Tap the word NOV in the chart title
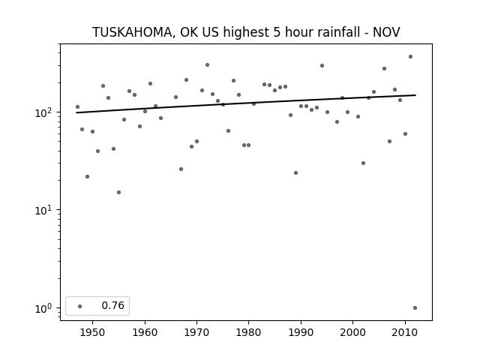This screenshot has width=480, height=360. [x=386, y=32]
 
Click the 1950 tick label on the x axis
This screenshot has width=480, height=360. [x=92, y=332]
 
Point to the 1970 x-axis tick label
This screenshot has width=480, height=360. [x=196, y=332]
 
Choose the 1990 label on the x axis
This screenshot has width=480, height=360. [x=301, y=332]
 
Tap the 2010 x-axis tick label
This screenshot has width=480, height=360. [x=405, y=332]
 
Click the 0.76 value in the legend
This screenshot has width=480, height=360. [x=112, y=305]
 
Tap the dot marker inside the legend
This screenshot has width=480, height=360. [x=80, y=306]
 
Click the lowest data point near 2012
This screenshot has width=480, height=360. [x=415, y=308]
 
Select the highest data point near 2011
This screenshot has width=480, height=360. [x=410, y=57]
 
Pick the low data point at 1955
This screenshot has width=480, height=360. [x=118, y=192]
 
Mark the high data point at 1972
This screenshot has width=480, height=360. [x=207, y=65]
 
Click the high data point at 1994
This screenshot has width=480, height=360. [x=322, y=65]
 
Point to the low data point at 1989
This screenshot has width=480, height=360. [x=295, y=173]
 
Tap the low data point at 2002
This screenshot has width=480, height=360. [x=363, y=163]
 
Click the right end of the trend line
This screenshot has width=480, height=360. [x=415, y=95]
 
